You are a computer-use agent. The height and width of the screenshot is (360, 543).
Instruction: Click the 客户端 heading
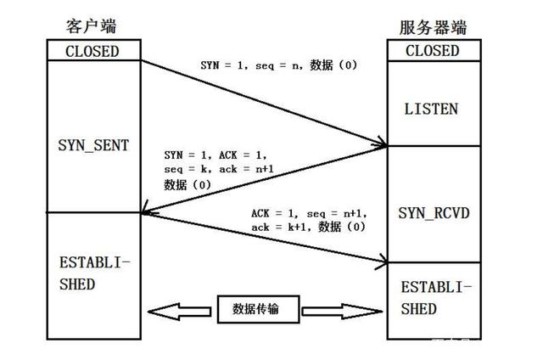pos(92,27)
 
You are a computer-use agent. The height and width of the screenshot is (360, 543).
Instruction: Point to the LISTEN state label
pos(432,110)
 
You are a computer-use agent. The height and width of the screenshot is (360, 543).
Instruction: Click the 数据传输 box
pos(260,310)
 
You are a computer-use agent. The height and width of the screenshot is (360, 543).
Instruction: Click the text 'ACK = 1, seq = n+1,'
pos(304,213)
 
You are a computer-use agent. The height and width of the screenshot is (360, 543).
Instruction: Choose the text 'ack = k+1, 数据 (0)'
pos(307,227)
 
